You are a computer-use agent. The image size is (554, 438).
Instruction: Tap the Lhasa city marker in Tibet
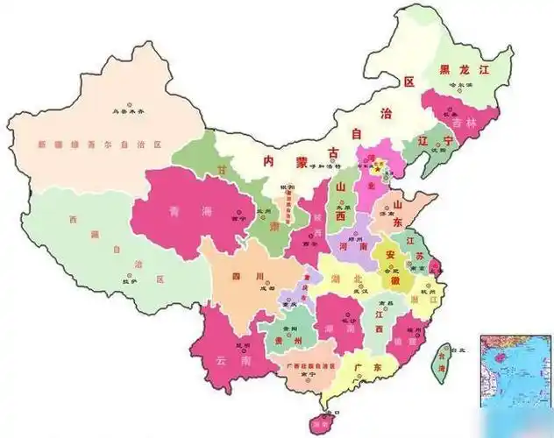click(129, 272)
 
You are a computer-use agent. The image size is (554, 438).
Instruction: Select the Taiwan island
click(443, 357)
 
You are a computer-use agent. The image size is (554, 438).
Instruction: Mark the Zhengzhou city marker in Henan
click(356, 243)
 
